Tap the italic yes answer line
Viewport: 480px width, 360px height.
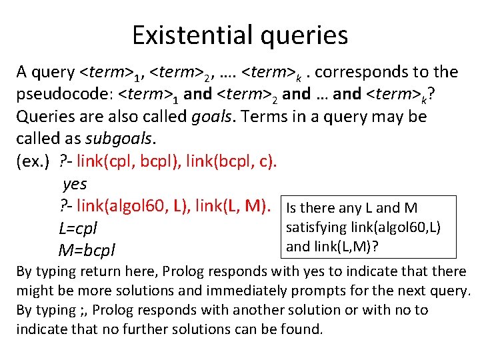tap(74, 183)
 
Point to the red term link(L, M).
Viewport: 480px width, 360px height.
tap(233, 207)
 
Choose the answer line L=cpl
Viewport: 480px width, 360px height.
tap(78, 229)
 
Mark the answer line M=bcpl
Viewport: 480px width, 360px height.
tap(87, 251)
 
